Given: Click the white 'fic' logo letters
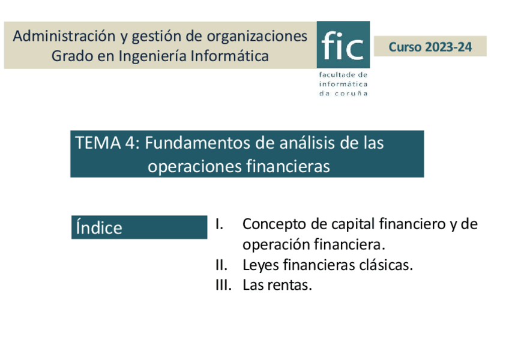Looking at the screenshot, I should pos(343,46).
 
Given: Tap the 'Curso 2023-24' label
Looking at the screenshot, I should pos(430,47).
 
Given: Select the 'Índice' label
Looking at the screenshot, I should pos(99,228).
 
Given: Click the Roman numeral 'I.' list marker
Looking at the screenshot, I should pos(219,224).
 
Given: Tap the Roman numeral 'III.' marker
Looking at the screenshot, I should pos(223,285).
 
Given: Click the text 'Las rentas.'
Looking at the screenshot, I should pos(277,285).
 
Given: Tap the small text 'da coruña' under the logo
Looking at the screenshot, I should pos(343,94).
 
